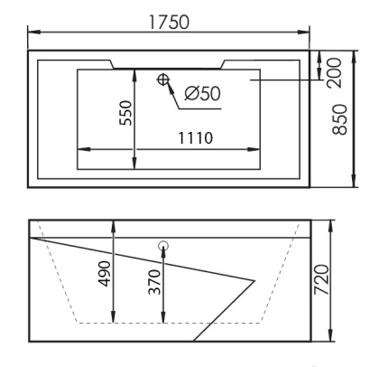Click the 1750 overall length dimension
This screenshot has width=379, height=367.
point(170,22)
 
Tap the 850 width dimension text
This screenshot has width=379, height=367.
point(339,119)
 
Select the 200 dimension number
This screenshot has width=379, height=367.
point(334,73)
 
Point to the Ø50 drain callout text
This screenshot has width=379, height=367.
point(202,93)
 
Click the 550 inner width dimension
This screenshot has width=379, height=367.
point(125,113)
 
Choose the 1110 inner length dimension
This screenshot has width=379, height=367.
point(196,138)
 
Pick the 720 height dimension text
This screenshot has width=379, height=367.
point(321,279)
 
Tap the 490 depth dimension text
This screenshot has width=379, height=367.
point(105,274)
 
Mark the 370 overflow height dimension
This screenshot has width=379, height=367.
point(155,282)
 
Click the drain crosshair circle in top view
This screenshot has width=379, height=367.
point(163,80)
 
